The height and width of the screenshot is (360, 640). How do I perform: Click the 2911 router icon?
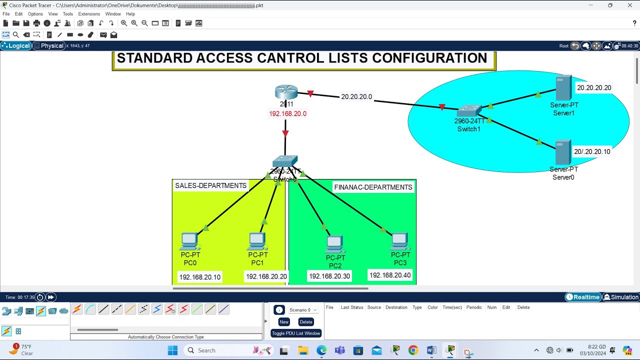tap(286, 92)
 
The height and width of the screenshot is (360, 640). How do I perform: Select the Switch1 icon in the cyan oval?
tap(469, 111)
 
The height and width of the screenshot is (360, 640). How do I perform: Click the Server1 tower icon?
tap(563, 88)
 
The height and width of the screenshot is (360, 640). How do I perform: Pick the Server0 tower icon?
tap(563, 152)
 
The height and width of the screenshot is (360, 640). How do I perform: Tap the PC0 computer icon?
tap(190, 241)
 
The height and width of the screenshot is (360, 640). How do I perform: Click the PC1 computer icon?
tap(257, 241)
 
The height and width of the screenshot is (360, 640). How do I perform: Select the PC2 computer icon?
tap(334, 244)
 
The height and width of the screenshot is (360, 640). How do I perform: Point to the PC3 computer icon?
tap(400, 241)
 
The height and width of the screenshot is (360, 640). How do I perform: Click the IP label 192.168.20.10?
tap(200, 277)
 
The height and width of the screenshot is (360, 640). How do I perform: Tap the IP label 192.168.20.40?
tap(390, 275)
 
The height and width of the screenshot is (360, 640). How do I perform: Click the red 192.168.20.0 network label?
tap(287, 113)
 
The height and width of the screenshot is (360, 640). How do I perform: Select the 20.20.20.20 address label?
tap(594, 87)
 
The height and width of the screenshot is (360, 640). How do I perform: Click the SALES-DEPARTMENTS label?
tap(210, 185)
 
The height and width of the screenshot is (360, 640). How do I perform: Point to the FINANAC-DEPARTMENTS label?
tap(373, 187)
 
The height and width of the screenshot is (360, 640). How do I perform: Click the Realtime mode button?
tap(583, 297)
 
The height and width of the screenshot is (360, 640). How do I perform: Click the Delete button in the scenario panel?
tap(306, 322)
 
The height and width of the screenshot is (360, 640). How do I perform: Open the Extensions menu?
tap(89, 14)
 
